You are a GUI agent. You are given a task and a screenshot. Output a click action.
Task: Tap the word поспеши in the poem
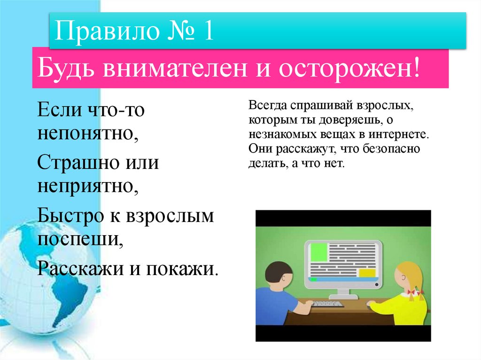(x=80, y=240)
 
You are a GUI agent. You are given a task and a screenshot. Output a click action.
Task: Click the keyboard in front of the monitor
(x=328, y=304)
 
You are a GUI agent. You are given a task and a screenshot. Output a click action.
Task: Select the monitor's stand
(x=343, y=293)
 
